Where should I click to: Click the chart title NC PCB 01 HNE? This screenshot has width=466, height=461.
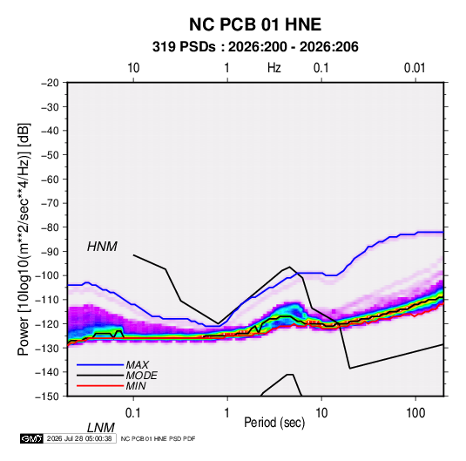(x=255, y=24)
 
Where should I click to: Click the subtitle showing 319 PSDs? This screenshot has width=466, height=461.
(x=255, y=47)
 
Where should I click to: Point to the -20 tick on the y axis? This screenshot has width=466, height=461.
(x=50, y=83)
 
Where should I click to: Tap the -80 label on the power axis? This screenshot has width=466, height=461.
(x=50, y=227)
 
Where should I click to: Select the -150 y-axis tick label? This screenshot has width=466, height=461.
(x=47, y=397)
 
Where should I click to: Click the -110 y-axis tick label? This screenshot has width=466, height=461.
(x=47, y=300)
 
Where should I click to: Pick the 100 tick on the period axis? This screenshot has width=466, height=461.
(x=415, y=413)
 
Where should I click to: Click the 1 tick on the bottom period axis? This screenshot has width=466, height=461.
(x=226, y=413)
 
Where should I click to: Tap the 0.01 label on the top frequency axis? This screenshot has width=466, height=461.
(x=415, y=68)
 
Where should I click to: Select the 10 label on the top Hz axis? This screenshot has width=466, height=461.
(x=133, y=68)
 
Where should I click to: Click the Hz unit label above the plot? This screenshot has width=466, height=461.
(x=274, y=68)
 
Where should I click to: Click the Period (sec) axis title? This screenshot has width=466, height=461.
(x=274, y=423)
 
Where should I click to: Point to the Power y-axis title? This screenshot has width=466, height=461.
(x=24, y=240)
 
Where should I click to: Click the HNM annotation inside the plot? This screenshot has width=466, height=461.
(x=102, y=247)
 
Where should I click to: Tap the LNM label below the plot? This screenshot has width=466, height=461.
(x=101, y=428)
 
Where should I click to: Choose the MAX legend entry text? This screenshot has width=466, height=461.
(x=138, y=365)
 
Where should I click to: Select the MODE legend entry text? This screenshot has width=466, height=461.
(x=141, y=376)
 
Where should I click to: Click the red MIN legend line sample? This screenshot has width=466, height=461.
(x=100, y=386)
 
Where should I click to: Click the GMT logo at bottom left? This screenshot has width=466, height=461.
(x=32, y=438)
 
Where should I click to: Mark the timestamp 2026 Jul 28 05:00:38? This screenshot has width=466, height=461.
(x=79, y=438)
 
